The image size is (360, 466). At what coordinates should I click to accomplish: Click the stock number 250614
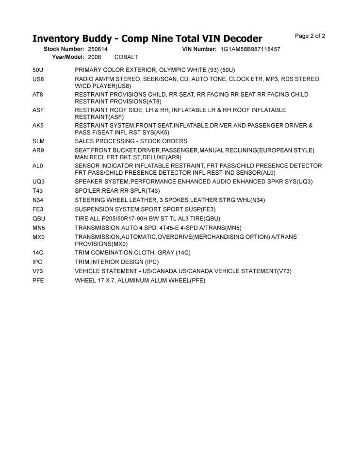point(98,49)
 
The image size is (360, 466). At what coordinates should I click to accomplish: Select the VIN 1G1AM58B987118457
point(250,49)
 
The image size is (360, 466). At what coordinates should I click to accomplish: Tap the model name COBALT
point(126,57)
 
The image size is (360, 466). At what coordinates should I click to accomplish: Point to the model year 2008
point(95,57)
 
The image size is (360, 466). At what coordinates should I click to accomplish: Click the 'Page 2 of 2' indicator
point(310,36)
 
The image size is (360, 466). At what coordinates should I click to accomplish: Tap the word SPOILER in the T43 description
point(89,191)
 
